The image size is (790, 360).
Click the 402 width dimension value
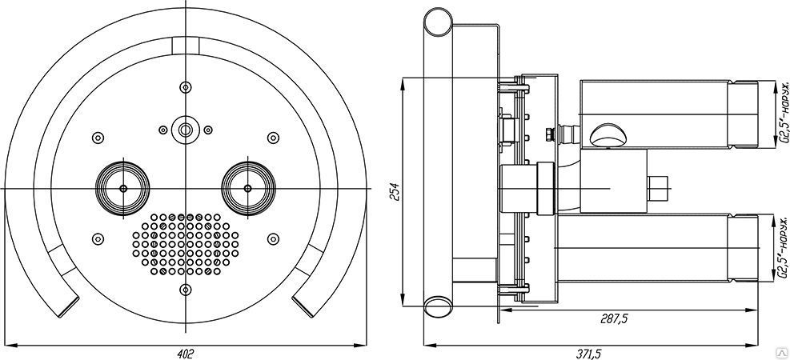[x=186, y=352]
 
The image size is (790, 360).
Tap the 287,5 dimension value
[x=615, y=318]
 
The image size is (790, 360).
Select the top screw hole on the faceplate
[x=186, y=86]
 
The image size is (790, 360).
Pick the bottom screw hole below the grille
[x=186, y=290]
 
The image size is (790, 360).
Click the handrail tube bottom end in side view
[x=438, y=306]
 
